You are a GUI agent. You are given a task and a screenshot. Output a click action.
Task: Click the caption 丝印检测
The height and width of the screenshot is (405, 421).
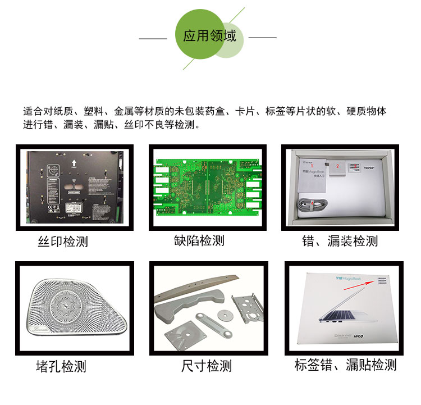tap(63, 242)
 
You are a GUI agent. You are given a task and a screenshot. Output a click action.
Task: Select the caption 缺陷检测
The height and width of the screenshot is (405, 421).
tap(199, 240)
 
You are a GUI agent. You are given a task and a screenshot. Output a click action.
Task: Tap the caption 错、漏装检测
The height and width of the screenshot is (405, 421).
tap(340, 241)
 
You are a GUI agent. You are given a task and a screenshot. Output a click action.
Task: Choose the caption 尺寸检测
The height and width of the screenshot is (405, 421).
tap(206, 367)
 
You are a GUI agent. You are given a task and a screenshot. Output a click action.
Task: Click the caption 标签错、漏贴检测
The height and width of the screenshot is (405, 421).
tap(345, 365)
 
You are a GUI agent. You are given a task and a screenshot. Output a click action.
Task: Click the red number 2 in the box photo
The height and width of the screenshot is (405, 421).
tap(337, 166)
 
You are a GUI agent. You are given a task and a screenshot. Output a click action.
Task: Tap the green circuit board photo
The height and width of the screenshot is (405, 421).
tap(207, 187)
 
